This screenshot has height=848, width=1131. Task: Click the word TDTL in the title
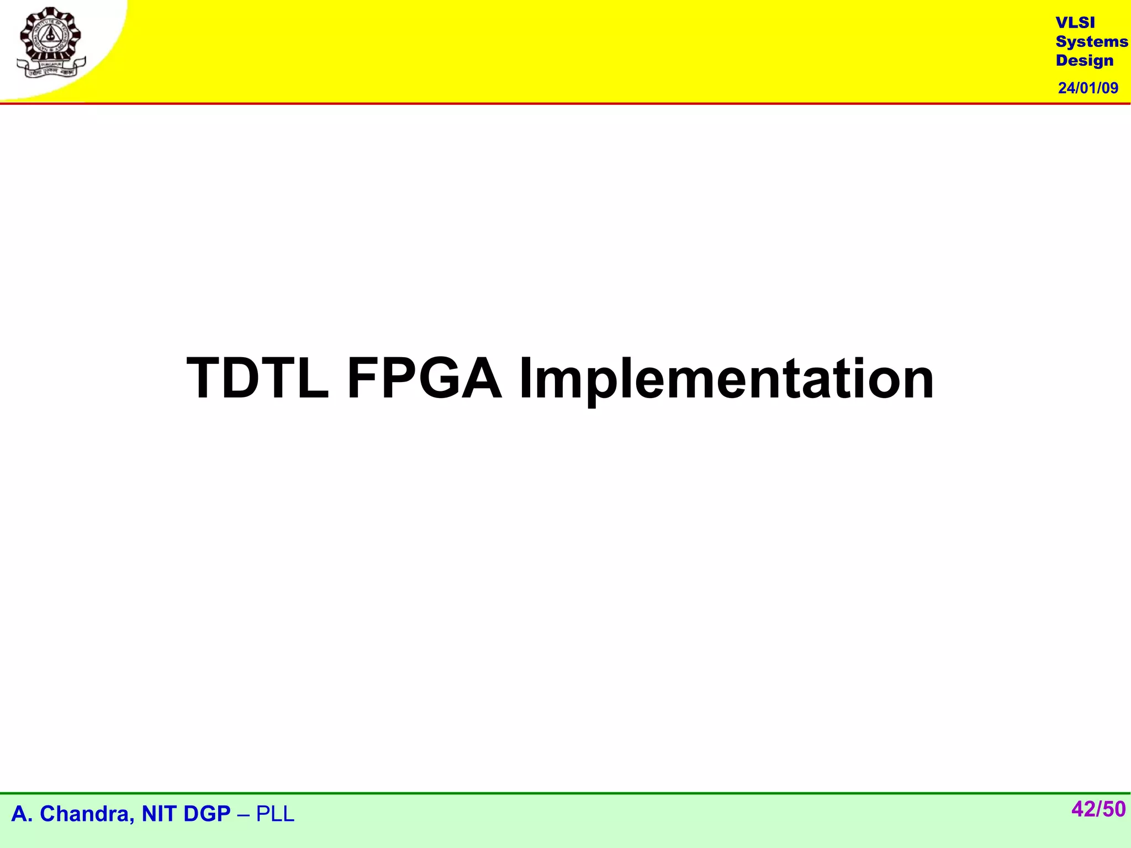point(258,379)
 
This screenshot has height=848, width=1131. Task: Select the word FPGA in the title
point(424,379)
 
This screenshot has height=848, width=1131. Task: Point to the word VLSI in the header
point(1075,23)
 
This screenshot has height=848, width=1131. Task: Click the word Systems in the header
point(1091,41)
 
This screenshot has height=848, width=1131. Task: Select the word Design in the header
point(1084,60)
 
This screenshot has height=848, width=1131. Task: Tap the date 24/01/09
point(1088,88)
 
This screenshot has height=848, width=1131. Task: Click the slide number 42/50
point(1098,809)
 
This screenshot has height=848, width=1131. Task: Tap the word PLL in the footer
point(275,814)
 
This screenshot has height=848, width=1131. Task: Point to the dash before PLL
point(243,814)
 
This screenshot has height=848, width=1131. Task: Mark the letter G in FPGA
point(443,379)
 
